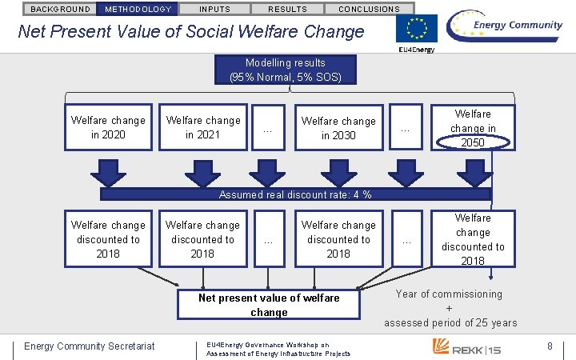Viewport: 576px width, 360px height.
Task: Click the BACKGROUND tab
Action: coord(60,9)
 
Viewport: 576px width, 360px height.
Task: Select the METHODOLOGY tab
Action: coord(138,9)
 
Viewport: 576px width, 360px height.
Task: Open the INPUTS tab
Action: coord(214,9)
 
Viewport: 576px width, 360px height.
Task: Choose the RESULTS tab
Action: coord(287,9)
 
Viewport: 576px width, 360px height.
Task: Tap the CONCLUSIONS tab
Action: coord(369,9)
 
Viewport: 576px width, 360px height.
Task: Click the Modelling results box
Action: coord(286,70)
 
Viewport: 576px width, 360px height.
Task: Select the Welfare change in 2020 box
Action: coord(107,127)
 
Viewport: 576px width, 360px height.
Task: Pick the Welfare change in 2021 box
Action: coord(202,127)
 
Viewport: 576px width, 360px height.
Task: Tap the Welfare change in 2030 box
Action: coord(338,127)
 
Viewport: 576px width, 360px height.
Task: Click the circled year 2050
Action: coord(472,142)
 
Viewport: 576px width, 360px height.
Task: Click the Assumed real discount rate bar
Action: coord(295,194)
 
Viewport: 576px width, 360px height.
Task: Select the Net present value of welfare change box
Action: coord(269,305)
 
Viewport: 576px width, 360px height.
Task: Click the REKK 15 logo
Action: coord(467,346)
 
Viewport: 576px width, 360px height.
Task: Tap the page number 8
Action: coord(550,346)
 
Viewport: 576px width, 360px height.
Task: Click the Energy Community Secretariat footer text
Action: coord(89,346)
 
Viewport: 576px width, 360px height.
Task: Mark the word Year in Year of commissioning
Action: coord(409,294)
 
